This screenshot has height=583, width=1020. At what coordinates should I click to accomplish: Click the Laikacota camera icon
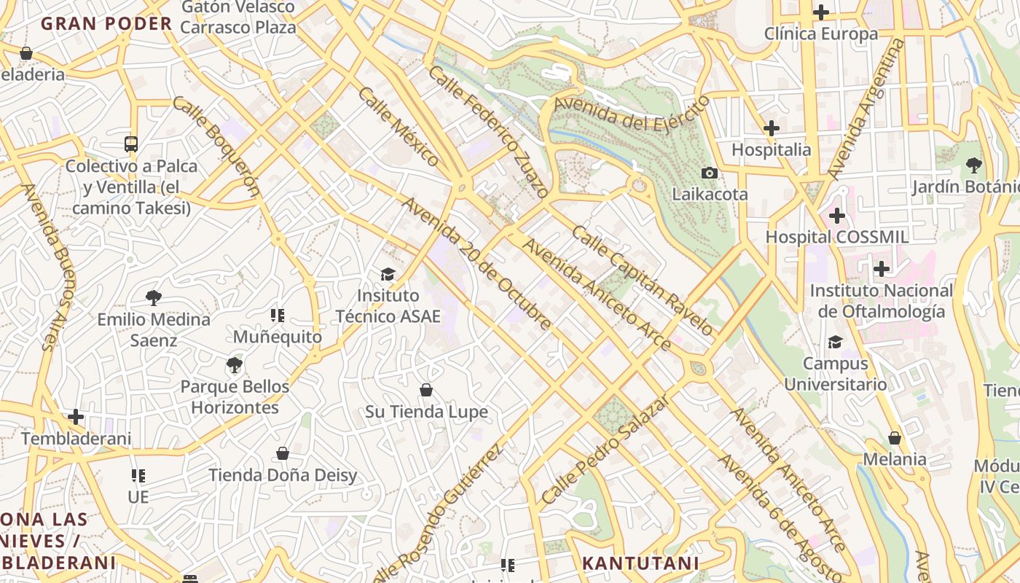[x=709, y=173]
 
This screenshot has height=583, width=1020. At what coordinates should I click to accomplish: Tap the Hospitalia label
[x=771, y=149]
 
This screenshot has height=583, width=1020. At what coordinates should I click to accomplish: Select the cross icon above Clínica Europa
[x=821, y=12]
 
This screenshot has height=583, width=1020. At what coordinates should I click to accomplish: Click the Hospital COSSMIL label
[x=836, y=237]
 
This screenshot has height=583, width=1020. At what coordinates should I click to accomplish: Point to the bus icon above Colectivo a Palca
[x=131, y=144]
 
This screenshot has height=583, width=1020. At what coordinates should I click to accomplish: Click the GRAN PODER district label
[x=106, y=23]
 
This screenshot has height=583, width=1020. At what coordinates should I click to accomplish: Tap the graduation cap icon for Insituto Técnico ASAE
[x=388, y=274]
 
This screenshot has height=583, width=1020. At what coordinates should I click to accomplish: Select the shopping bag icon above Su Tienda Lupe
[x=426, y=390]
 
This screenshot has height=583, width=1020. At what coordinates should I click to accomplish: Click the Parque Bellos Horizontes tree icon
[x=234, y=364]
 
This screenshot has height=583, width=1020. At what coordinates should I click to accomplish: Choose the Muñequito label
[x=277, y=337]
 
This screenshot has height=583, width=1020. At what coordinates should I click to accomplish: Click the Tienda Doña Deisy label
[x=283, y=475]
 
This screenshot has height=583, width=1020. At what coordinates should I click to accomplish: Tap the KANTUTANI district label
[x=640, y=563]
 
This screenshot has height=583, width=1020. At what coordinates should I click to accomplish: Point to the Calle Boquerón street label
[x=216, y=146]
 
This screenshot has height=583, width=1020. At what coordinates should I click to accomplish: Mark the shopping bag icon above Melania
[x=894, y=438]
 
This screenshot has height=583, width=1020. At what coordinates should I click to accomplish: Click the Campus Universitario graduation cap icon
[x=835, y=342]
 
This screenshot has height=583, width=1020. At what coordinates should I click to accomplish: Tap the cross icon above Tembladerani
[x=76, y=417]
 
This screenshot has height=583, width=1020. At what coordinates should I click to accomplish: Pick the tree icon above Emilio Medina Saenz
[x=153, y=297]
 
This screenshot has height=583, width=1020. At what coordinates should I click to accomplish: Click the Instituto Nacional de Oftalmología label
[x=881, y=301]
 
